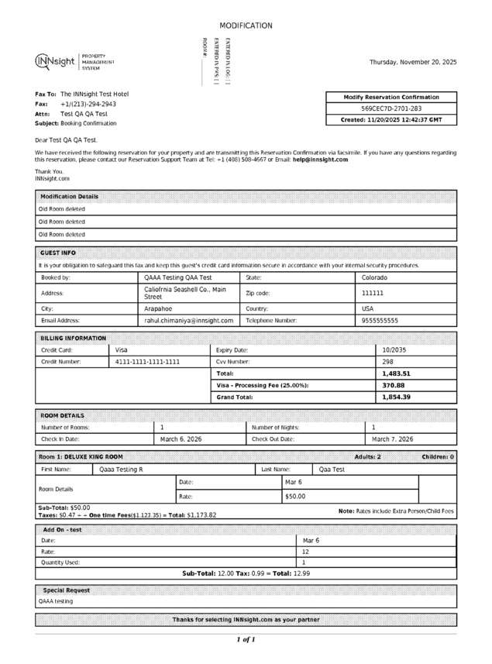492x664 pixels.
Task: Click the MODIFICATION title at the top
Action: [x=246, y=26]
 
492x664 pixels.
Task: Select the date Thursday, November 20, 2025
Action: [x=413, y=62]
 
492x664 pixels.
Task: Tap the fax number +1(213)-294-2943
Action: [x=88, y=104]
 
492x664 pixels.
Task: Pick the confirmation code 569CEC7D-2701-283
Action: [x=391, y=108]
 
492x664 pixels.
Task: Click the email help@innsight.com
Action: [x=320, y=160]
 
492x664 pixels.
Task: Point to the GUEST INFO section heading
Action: [x=58, y=253]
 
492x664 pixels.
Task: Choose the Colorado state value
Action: [x=375, y=277]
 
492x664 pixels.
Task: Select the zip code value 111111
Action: [x=373, y=294]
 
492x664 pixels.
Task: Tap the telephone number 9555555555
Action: [x=380, y=320]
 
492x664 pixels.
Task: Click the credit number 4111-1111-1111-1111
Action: [x=148, y=362]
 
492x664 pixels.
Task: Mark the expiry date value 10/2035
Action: [x=395, y=350]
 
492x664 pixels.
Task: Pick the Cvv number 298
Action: [x=388, y=362]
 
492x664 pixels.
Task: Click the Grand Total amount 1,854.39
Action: [x=396, y=397]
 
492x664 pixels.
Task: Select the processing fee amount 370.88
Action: [x=394, y=385]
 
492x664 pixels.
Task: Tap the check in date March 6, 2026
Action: [x=181, y=439]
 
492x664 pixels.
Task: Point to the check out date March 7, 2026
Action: [x=393, y=439]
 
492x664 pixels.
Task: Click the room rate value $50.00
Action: [x=295, y=496]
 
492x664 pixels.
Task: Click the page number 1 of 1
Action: [x=246, y=640]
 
